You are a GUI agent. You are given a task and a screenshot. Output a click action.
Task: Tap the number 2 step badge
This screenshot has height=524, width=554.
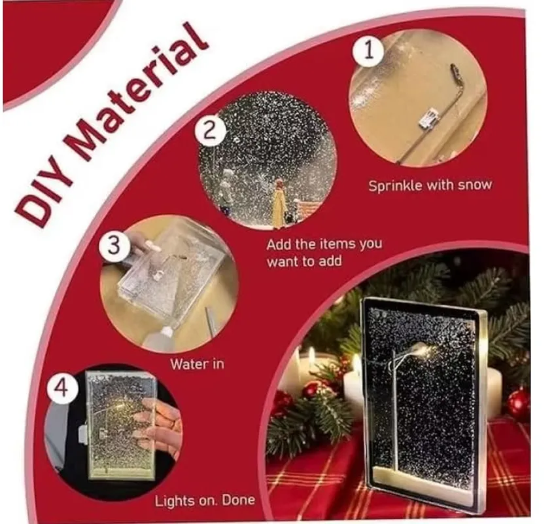209,132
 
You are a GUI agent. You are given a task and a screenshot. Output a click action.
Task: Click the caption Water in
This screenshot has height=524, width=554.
197,364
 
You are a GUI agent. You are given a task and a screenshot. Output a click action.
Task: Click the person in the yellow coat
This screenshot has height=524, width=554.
279,204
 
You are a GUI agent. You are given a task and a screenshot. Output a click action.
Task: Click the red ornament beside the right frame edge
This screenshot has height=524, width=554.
518,403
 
